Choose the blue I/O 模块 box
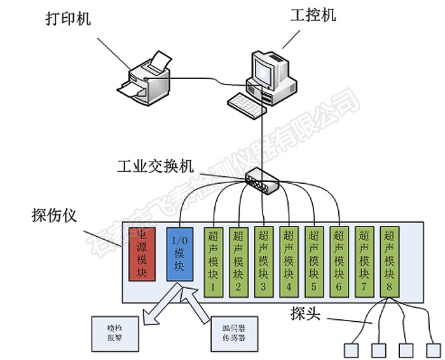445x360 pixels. point(179,253)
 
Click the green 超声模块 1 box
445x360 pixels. point(213,261)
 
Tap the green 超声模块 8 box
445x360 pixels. point(388,261)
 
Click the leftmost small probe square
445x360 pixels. point(350,350)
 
